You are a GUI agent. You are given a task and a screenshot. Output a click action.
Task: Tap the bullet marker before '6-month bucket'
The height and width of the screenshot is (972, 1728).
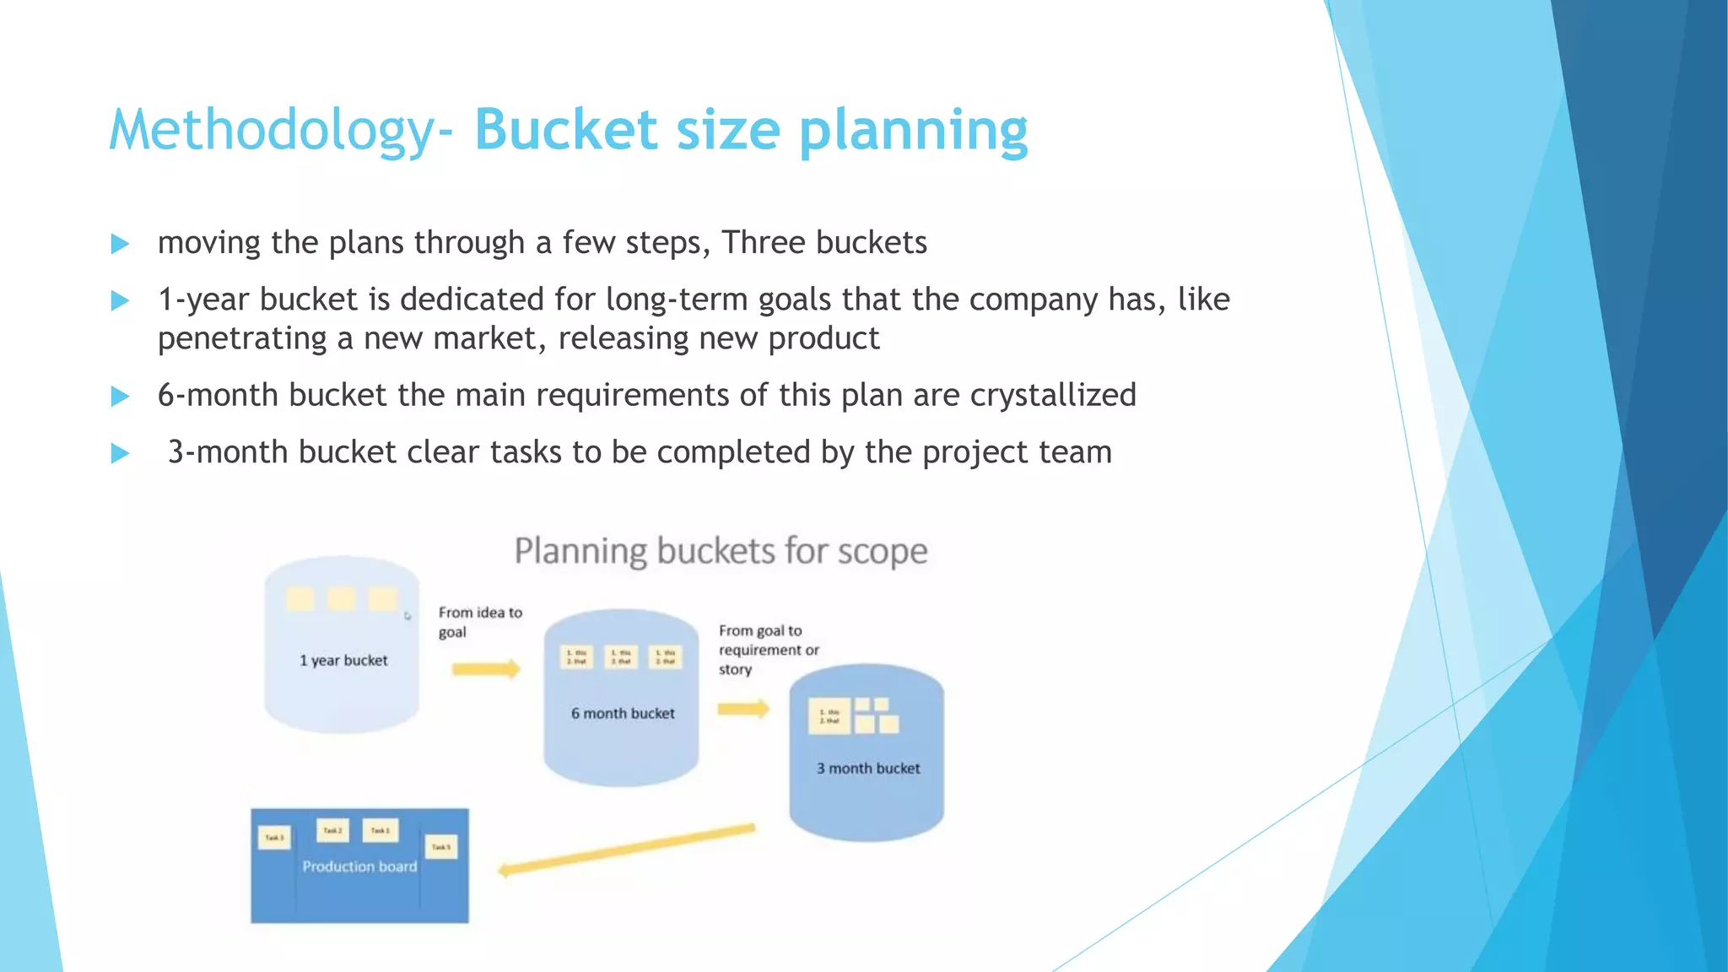[120, 397]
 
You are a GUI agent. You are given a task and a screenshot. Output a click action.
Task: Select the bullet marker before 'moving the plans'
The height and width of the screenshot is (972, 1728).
[120, 245]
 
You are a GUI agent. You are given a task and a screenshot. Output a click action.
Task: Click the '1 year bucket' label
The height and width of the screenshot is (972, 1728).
[343, 661]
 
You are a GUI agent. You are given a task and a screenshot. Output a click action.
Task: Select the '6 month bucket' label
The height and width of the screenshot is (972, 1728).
[623, 714]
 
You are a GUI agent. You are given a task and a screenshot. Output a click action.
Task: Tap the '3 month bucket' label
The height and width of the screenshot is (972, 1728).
[868, 769]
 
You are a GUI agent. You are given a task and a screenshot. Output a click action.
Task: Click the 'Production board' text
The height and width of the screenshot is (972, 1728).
[359, 867]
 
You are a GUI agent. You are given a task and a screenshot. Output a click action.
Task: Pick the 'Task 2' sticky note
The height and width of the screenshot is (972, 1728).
[332, 830]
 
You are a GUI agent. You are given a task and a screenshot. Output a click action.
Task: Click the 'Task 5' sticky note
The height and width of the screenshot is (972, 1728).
[441, 846]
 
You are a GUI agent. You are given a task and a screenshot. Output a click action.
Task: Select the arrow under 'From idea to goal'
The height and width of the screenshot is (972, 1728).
[486, 670]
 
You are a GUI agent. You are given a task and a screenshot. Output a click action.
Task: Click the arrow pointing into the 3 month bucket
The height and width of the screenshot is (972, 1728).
[743, 709]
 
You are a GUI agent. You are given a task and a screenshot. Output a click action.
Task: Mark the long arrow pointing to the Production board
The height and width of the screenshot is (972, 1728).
[626, 850]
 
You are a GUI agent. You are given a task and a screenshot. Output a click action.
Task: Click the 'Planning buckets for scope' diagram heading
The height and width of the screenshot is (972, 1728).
[721, 552]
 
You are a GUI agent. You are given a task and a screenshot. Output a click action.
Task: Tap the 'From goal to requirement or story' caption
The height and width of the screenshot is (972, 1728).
[768, 650]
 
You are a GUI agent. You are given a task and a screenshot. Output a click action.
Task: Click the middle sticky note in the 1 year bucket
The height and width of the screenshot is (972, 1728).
[341, 599]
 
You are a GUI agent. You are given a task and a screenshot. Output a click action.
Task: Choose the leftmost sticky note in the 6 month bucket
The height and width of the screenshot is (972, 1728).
[576, 656]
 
